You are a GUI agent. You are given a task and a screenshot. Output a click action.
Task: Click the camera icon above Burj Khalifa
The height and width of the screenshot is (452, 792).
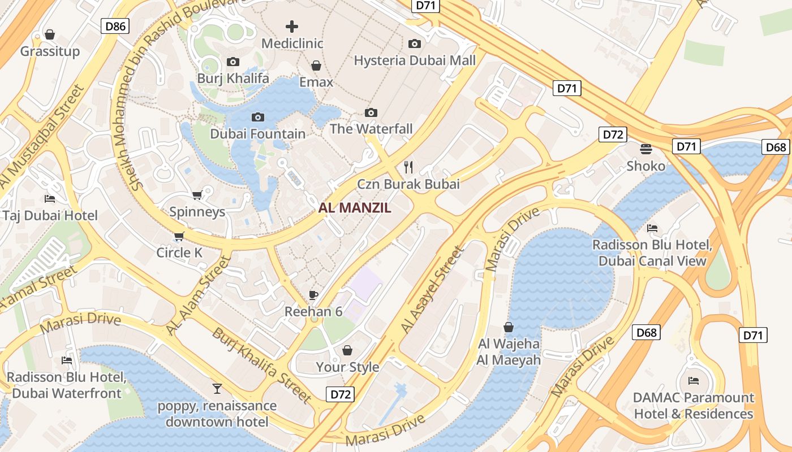click(x=233, y=62)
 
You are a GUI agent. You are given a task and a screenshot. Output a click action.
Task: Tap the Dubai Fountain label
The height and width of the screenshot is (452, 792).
click(x=257, y=134)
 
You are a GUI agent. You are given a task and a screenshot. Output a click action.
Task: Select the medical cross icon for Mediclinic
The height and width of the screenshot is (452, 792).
click(x=292, y=27)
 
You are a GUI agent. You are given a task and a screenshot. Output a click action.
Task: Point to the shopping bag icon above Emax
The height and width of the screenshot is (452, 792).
click(x=316, y=66)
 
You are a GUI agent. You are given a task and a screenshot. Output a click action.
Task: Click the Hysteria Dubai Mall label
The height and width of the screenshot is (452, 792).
click(x=415, y=60)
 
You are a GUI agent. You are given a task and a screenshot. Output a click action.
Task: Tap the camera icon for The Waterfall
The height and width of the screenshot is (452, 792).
click(x=371, y=112)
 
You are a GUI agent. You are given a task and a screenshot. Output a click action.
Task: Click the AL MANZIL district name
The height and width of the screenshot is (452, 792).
click(x=355, y=207)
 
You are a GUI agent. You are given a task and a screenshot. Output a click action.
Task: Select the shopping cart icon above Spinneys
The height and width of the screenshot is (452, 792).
click(x=197, y=195)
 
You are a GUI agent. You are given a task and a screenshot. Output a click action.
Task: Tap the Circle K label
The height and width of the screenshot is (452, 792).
click(x=179, y=253)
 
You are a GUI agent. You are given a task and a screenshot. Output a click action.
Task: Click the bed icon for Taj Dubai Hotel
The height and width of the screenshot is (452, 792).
click(x=50, y=199)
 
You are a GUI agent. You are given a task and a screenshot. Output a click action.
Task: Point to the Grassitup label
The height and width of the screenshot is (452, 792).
click(x=50, y=51)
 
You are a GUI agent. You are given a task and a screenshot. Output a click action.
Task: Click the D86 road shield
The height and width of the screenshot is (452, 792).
click(x=115, y=26)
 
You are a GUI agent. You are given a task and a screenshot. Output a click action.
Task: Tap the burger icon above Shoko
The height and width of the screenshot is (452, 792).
click(x=646, y=149)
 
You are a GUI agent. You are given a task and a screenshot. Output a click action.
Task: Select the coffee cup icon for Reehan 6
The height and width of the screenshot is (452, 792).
click(x=313, y=295)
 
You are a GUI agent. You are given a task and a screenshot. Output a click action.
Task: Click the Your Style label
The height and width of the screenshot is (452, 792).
click(x=347, y=367)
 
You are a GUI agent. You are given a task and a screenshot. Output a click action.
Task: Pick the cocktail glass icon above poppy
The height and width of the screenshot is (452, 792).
click(x=217, y=388)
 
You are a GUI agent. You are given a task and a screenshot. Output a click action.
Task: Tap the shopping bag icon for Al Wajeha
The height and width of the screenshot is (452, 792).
click(x=509, y=327)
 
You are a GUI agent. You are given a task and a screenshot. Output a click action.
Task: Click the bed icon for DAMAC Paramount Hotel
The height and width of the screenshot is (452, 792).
click(x=694, y=380)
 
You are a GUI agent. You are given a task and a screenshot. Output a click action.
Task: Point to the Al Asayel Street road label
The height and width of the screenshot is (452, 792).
click(x=432, y=289)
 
